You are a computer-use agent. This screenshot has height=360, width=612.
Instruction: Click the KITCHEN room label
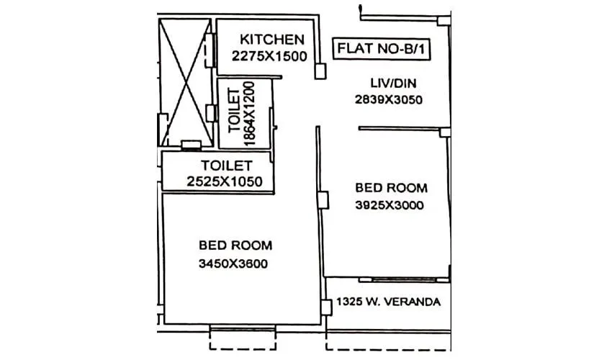click(x=271, y=39)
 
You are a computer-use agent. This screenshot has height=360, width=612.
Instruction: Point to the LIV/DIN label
click(x=387, y=84)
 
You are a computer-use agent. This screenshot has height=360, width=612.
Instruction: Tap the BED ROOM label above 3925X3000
click(x=391, y=188)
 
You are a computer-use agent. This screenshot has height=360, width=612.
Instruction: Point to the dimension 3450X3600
click(x=233, y=264)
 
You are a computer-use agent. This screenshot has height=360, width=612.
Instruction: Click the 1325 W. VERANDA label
click(x=388, y=302)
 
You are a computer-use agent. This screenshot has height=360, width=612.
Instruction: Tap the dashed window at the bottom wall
click(x=242, y=329)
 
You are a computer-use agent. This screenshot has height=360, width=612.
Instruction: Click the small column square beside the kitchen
click(x=320, y=71)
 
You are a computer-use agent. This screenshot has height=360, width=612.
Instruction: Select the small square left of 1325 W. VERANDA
click(x=328, y=302)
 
